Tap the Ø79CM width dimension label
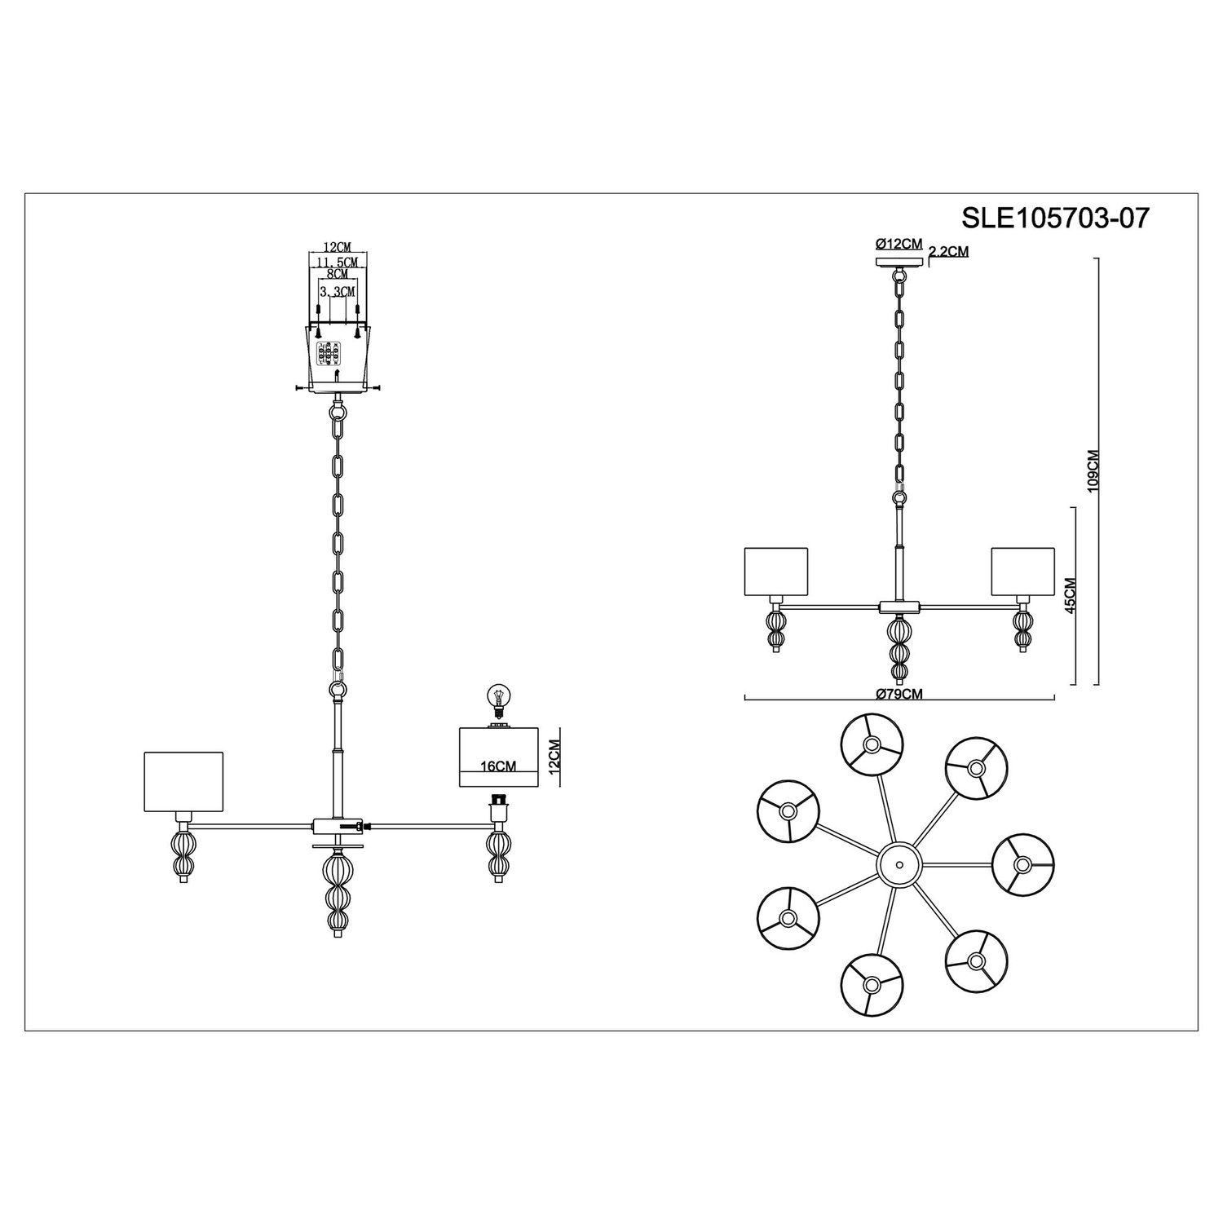[x=899, y=693]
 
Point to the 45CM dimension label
[x=1071, y=595]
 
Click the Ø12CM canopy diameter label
[x=898, y=244]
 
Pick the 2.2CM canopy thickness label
[x=949, y=252]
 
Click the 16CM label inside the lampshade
[x=499, y=766]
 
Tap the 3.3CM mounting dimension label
[x=337, y=291]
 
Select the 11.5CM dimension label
[x=338, y=261]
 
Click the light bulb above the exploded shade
[x=494, y=700]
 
